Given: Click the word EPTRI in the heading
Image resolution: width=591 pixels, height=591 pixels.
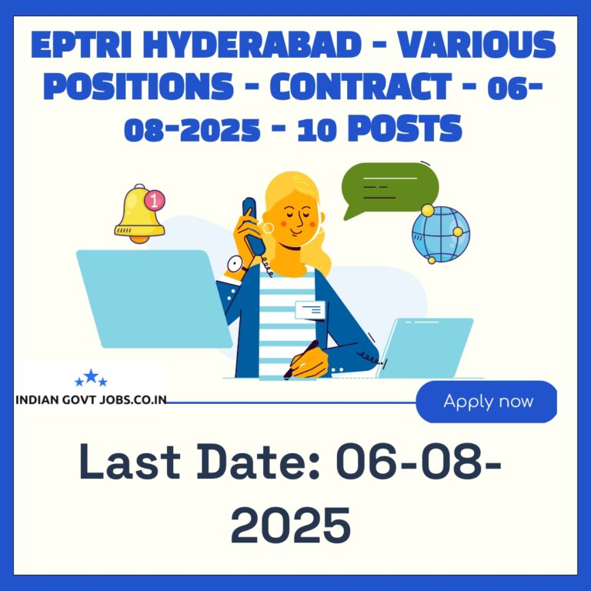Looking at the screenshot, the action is point(81,45).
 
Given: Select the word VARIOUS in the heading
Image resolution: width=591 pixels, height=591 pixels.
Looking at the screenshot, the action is point(477,45).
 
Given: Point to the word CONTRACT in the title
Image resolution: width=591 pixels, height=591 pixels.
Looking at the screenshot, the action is point(361,86).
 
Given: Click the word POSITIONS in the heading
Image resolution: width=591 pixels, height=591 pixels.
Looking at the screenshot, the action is point(139,86).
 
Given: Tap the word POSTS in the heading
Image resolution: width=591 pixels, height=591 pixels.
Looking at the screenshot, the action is point(405,129).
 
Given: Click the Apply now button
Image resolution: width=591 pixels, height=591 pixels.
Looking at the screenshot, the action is point(486,402).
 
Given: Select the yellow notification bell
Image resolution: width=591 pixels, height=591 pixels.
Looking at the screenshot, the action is point(139,214).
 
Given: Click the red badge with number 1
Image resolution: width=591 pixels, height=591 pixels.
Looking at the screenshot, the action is point(155,200).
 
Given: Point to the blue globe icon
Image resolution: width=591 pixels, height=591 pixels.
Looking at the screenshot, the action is point(440,234).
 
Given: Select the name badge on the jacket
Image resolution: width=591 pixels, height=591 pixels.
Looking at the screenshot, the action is point(310,310).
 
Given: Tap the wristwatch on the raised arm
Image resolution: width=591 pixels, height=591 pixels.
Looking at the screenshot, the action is point(236,264).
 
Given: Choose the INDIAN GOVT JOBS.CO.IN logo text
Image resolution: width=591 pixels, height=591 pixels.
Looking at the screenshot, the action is point(91,400).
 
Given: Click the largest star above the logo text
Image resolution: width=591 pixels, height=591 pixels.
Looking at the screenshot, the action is point(91,376).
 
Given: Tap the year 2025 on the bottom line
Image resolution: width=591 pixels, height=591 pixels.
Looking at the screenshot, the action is point(291,525).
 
